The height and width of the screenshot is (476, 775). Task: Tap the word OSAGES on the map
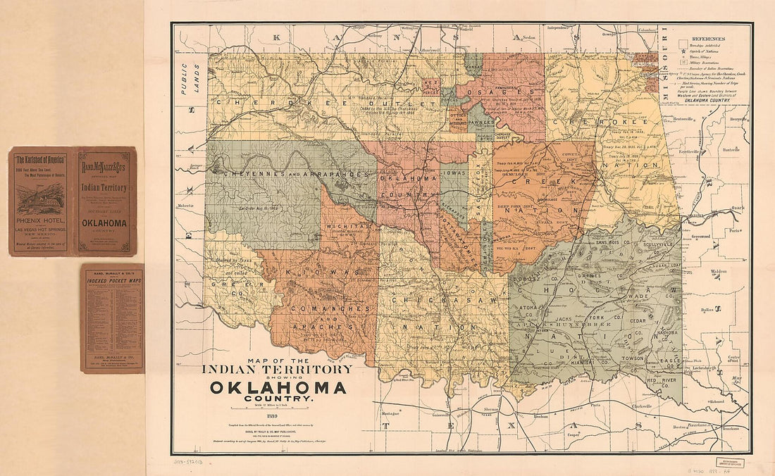click(x=502, y=92)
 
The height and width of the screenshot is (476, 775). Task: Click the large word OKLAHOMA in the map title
click(x=277, y=388)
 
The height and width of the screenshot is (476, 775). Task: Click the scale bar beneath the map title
click(x=277, y=408)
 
